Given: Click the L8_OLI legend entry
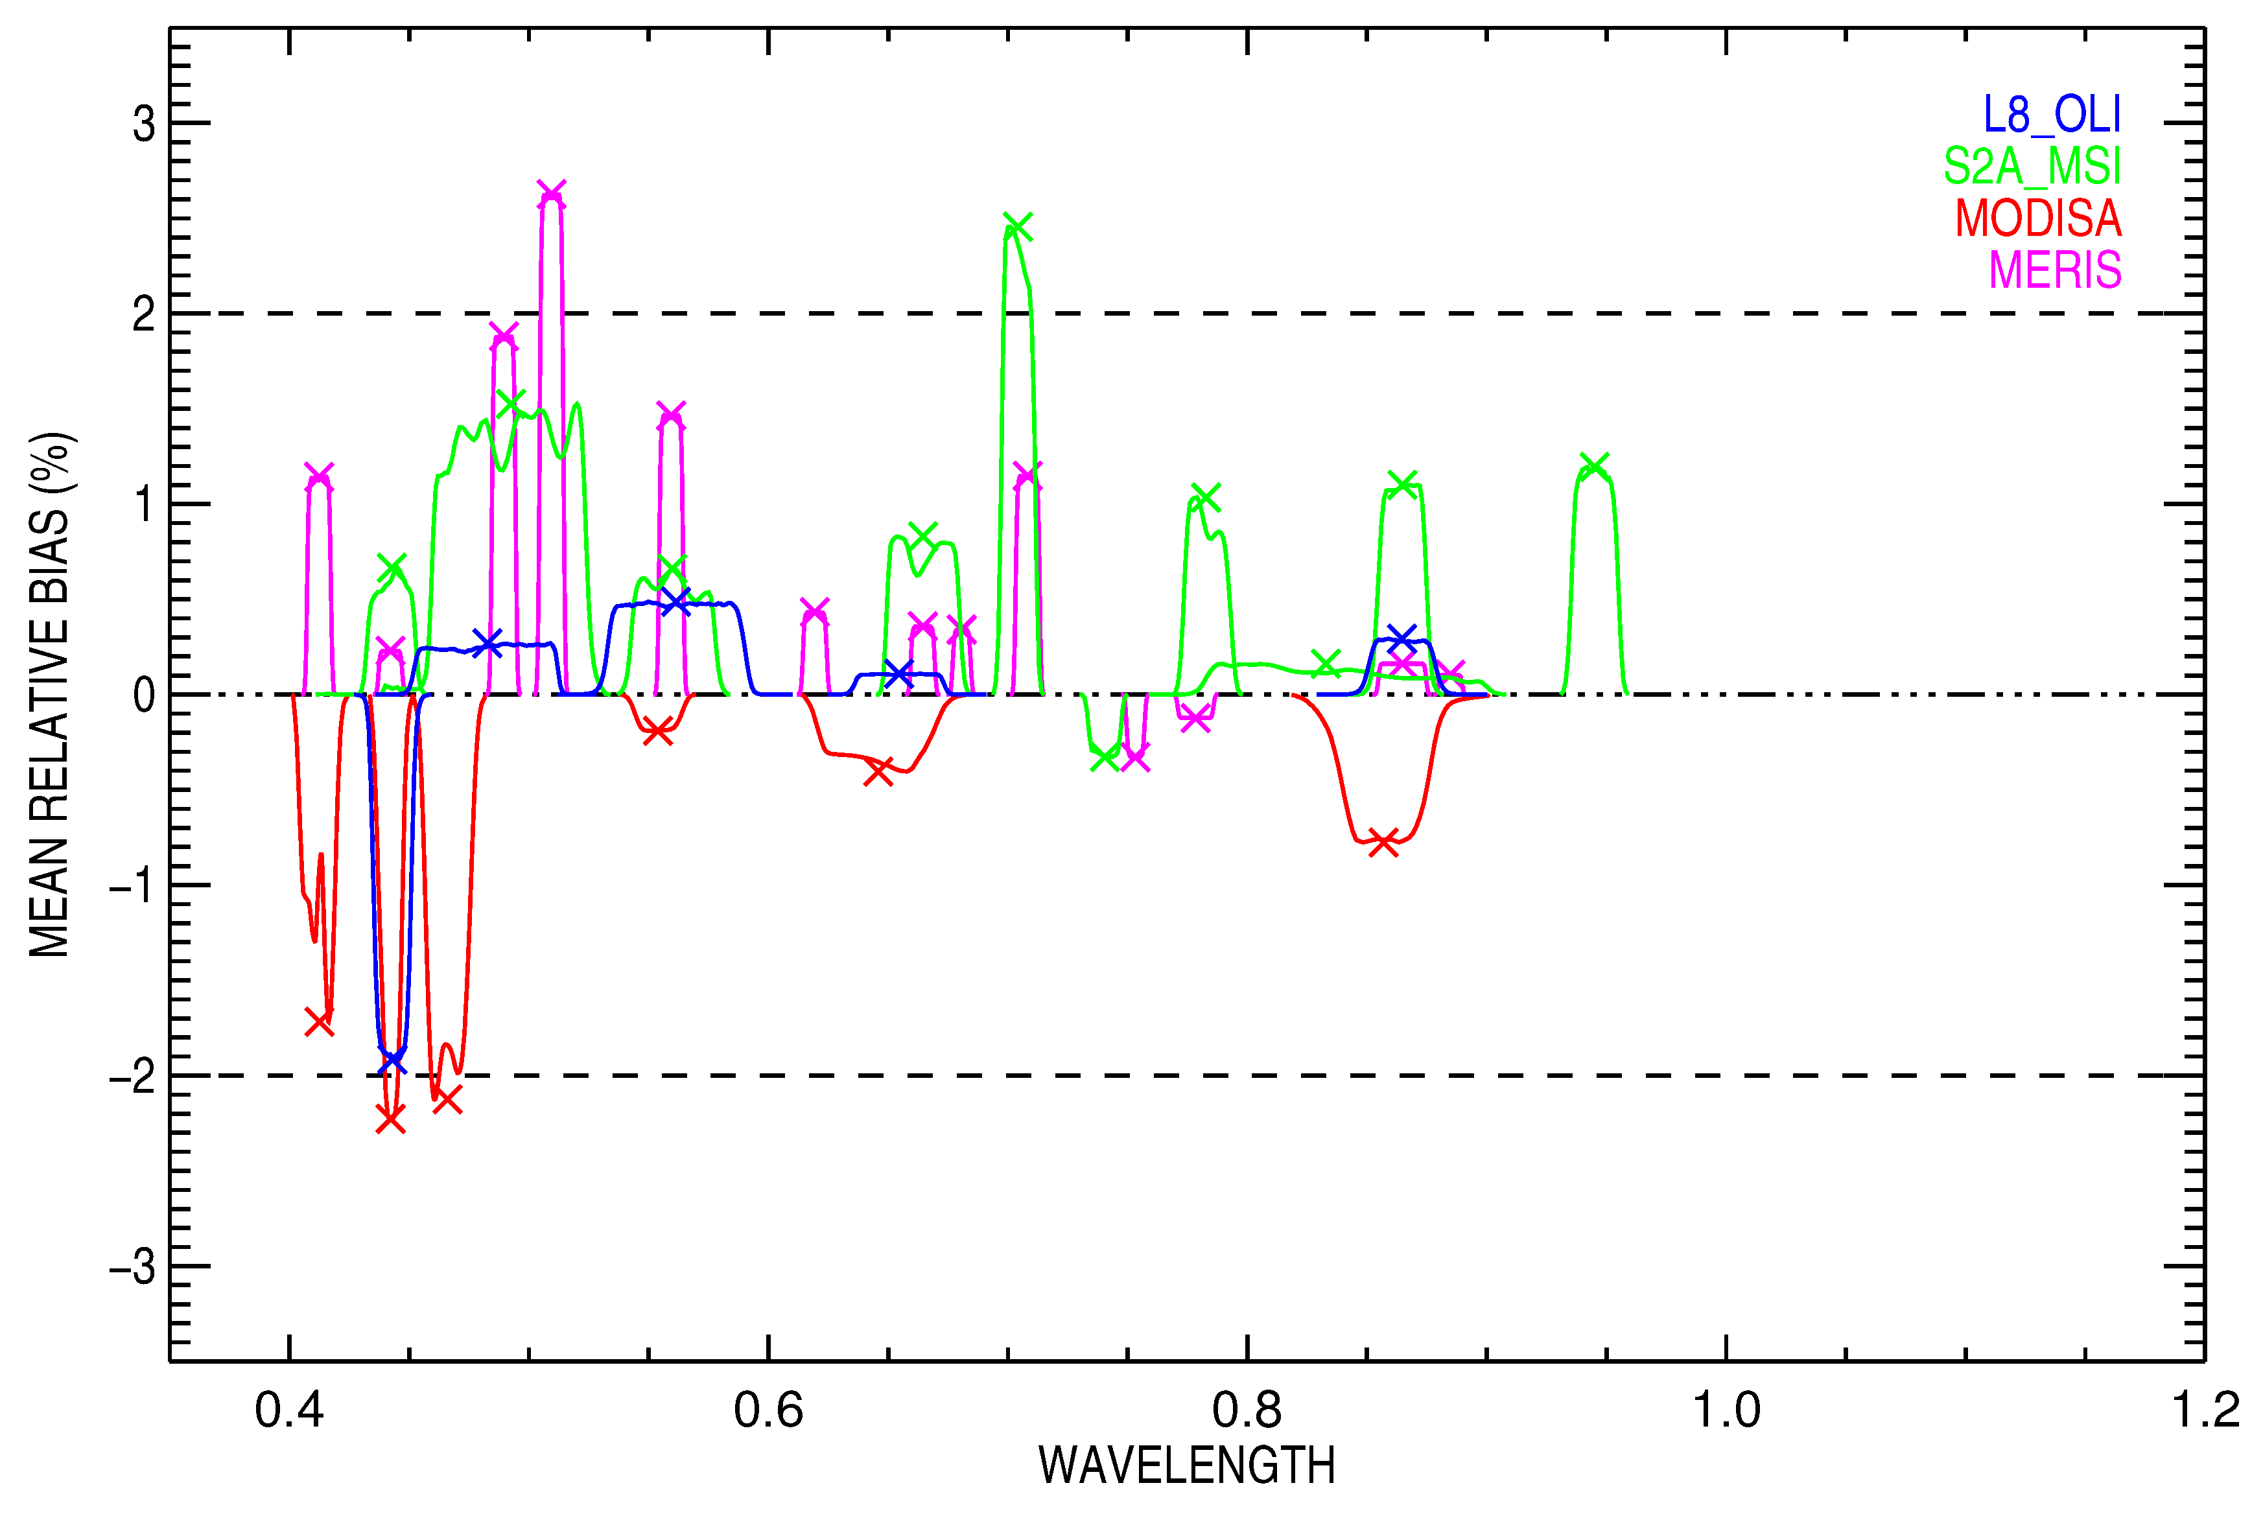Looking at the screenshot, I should (x=2051, y=115).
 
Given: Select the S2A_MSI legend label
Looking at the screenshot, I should (x=2032, y=167).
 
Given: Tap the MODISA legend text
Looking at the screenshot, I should (x=2038, y=218).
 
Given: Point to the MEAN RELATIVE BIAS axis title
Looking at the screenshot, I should (x=51, y=694).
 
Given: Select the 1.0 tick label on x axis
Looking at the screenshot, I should (x=1726, y=1410).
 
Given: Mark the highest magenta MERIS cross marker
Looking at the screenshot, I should (x=551, y=193).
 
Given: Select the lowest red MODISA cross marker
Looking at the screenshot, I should (x=390, y=1119).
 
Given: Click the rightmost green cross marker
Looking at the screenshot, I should (x=1593, y=465).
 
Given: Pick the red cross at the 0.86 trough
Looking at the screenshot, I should (x=1383, y=842).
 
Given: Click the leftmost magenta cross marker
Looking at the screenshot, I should (x=319, y=476).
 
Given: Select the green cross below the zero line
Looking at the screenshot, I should (x=1104, y=758).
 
